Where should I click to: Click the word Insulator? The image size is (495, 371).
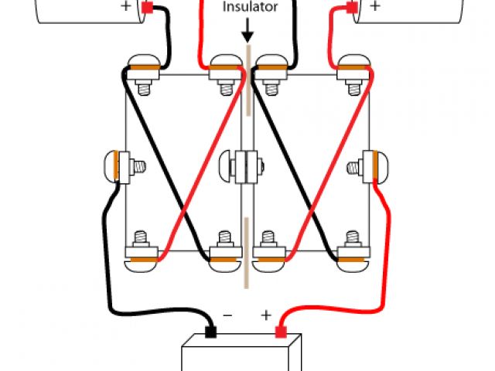(x=250, y=7)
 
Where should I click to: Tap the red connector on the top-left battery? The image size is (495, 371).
(x=147, y=9)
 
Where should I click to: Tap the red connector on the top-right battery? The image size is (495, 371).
(x=351, y=9)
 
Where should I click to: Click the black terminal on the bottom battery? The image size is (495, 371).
(x=210, y=333)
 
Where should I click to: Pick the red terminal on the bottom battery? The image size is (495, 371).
(x=282, y=333)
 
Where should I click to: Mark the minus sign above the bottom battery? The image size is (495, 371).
(x=228, y=315)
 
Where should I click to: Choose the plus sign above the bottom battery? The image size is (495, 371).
(x=265, y=315)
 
